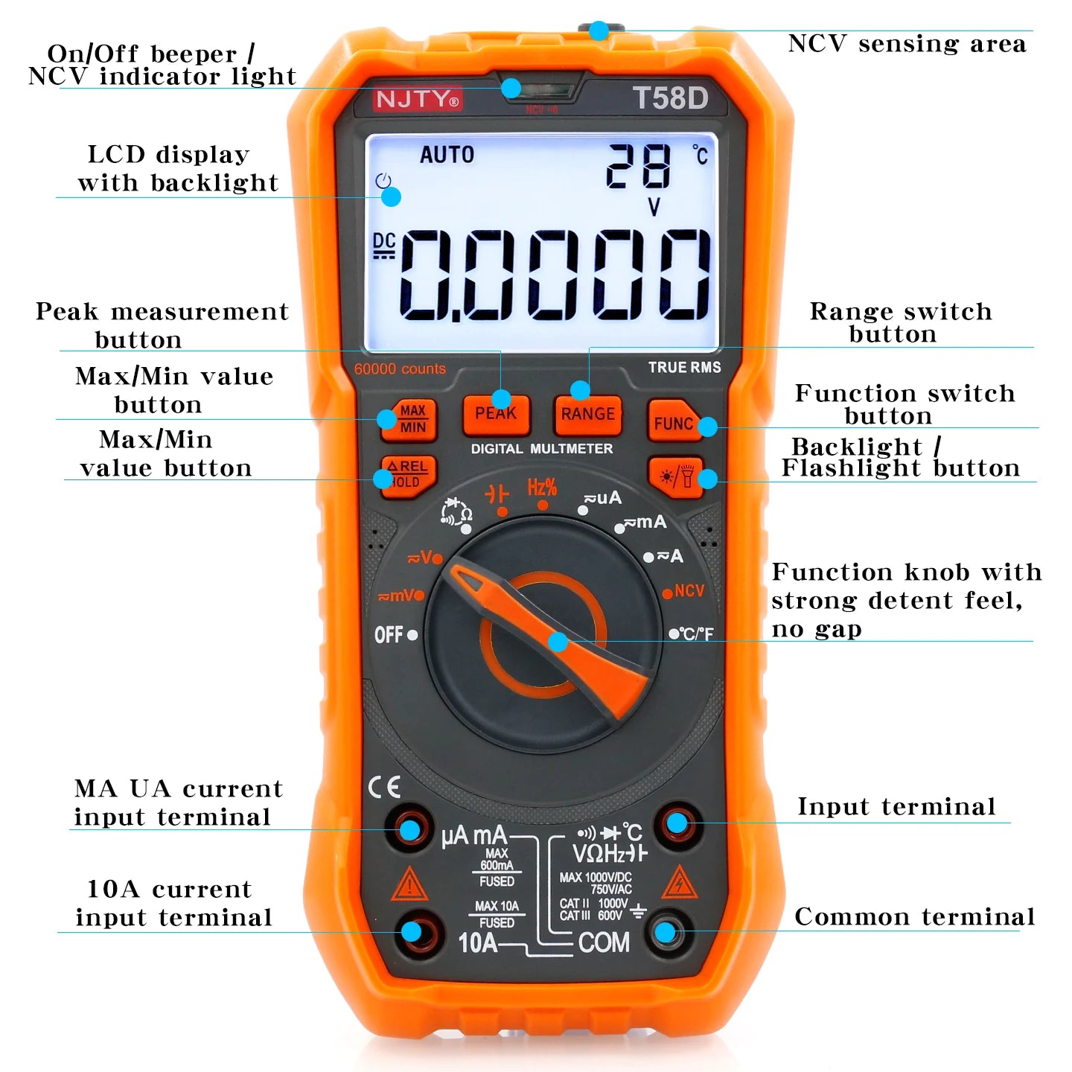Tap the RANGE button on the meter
coord(587,415)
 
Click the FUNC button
coord(674,421)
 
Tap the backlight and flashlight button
coord(676,477)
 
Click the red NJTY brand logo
coord(417,99)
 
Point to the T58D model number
coord(670,98)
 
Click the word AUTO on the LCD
coord(447,154)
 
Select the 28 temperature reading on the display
coord(639,166)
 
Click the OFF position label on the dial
coord(389,634)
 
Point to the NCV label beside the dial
coord(689,590)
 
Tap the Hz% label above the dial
coord(542,488)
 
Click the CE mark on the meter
coord(384,787)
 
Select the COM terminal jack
coord(666,932)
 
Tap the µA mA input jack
coord(409,830)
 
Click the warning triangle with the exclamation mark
coord(409,884)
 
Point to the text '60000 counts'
coord(400,368)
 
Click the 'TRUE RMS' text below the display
coord(684,367)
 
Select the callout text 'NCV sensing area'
coord(907,43)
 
